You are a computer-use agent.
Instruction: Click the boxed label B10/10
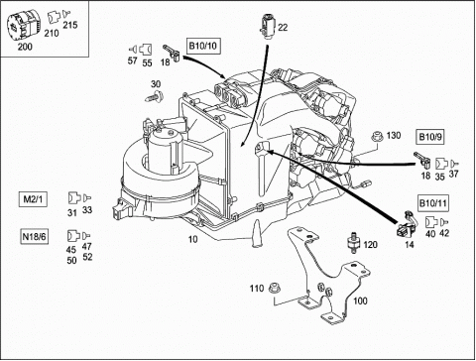coord(203,46)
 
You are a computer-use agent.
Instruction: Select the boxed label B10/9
coord(429,137)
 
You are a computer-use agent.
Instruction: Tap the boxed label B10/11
coord(432,203)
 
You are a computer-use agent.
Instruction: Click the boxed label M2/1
coord(33,199)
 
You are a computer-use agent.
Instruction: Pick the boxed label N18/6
coord(34,236)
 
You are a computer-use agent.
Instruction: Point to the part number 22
coord(283,28)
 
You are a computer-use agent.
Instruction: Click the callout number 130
coord(394,135)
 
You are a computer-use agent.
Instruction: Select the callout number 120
coord(370,245)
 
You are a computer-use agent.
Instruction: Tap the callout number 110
coord(257,289)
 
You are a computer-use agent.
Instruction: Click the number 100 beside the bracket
coord(360,301)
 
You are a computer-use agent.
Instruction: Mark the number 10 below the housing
coord(192,239)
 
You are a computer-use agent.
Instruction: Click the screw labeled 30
coord(154,97)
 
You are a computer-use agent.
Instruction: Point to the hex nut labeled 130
coord(377,136)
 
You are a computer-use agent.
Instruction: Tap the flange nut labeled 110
coord(274,288)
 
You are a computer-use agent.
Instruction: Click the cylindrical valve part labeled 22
coord(267,26)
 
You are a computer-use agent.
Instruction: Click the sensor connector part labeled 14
coord(407,226)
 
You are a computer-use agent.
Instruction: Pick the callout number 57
coord(132,61)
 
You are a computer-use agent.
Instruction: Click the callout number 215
coord(70,25)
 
